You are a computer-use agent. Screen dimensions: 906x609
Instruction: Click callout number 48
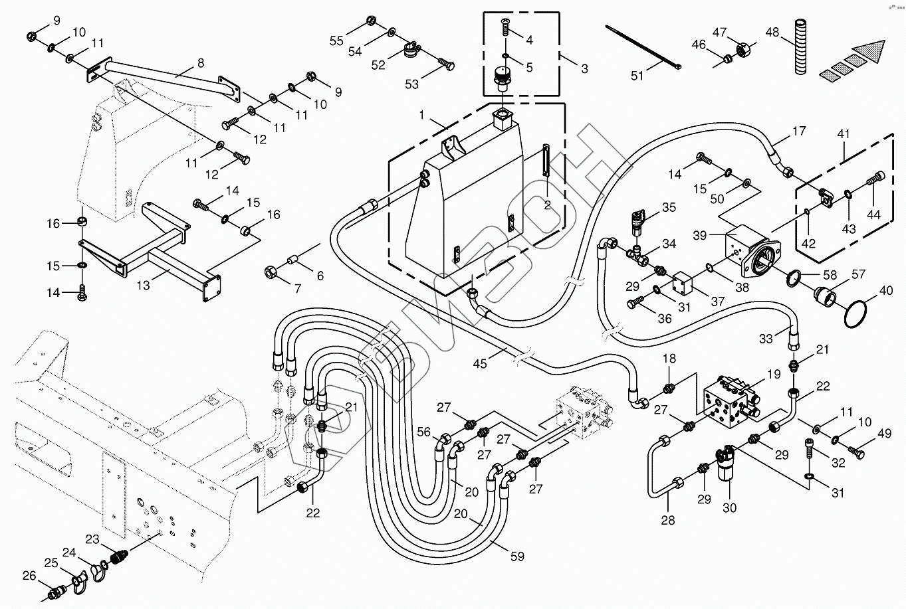point(772,33)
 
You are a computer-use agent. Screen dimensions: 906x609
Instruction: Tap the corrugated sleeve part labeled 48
point(800,46)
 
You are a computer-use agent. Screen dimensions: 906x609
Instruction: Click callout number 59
point(517,556)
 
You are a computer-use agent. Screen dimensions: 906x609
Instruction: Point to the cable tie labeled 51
point(643,46)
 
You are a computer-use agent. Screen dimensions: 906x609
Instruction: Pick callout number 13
point(143,286)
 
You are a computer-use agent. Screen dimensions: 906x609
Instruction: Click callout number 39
point(700,235)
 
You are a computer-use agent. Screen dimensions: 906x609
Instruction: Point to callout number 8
point(201,63)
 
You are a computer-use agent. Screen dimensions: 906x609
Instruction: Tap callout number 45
point(480,363)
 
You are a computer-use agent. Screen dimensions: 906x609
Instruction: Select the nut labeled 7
point(270,273)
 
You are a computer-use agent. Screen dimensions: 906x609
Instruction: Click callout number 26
point(29,575)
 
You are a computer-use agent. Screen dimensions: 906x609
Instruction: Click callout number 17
point(799,131)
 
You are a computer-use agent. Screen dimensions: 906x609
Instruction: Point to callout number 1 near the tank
point(422,115)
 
